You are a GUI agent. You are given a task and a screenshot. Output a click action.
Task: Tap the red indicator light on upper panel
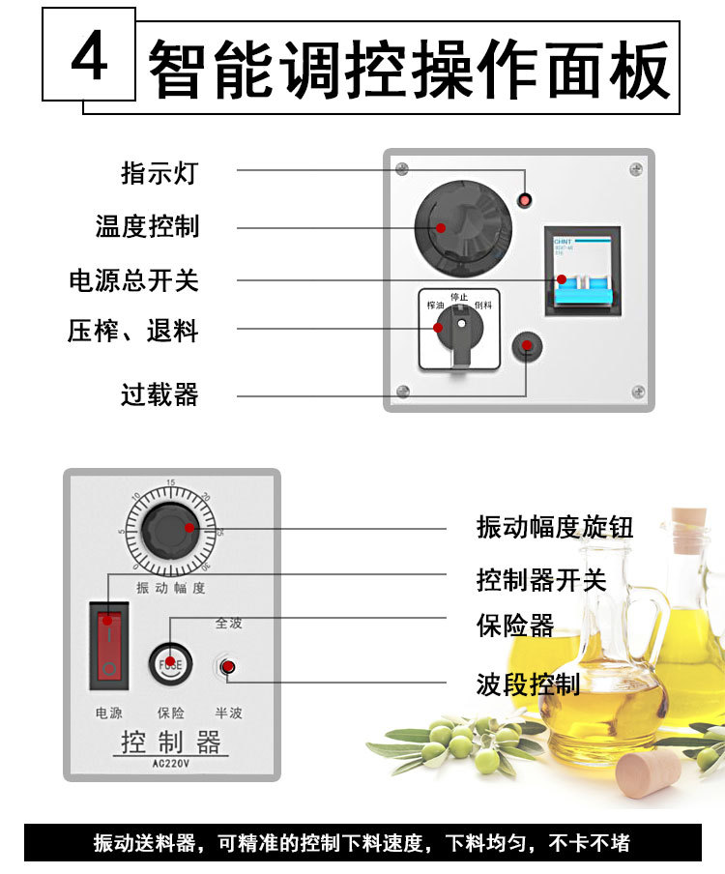point(525,200)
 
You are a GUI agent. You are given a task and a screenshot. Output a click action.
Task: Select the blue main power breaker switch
point(580,280)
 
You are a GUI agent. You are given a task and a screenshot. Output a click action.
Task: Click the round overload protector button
point(528,347)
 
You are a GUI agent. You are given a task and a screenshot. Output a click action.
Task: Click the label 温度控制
point(147,226)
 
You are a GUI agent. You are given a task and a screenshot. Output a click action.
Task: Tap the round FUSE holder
point(170,663)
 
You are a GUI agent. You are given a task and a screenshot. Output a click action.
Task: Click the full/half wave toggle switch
point(227,666)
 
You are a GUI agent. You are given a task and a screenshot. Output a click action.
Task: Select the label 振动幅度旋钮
point(555,527)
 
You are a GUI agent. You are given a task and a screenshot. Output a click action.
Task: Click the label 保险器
point(515,626)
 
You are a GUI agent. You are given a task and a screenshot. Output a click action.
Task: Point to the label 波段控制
point(528,685)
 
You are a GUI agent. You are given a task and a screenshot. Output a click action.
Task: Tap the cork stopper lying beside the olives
point(649,774)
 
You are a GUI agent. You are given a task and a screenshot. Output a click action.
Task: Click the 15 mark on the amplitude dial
point(171,482)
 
